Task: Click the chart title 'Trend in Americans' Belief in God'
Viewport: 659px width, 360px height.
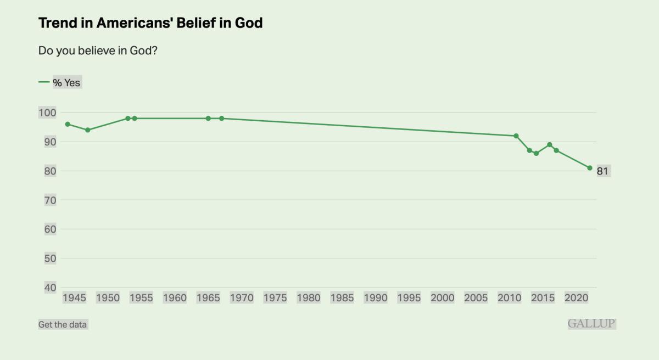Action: pyautogui.click(x=150, y=22)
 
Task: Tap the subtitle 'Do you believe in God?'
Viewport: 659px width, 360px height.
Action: pyautogui.click(x=98, y=50)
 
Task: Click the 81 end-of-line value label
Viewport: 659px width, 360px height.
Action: pyautogui.click(x=602, y=171)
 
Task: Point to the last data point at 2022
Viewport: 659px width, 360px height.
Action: pyautogui.click(x=590, y=168)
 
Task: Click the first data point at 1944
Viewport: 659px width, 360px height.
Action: pyautogui.click(x=68, y=124)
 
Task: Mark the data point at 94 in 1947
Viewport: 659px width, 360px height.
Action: pyautogui.click(x=87, y=130)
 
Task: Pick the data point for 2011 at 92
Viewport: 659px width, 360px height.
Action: pyautogui.click(x=516, y=136)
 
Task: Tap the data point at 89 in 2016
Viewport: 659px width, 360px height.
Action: pyautogui.click(x=550, y=144)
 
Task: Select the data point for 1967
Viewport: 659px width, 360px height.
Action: pyautogui.click(x=222, y=119)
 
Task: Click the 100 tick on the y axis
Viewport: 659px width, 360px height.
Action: pyautogui.click(x=47, y=113)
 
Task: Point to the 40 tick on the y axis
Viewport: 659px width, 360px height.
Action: pyautogui.click(x=50, y=288)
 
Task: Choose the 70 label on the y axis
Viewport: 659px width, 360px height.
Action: pyautogui.click(x=50, y=200)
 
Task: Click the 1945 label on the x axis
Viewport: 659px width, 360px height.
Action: pyautogui.click(x=74, y=297)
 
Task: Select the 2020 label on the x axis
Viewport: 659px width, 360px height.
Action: pyautogui.click(x=577, y=297)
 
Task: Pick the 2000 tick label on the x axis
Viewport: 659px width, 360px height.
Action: pyautogui.click(x=443, y=297)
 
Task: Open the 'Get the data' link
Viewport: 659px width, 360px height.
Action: pyautogui.click(x=63, y=324)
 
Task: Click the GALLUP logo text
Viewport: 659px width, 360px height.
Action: pyautogui.click(x=591, y=324)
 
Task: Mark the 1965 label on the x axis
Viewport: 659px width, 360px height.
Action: pyautogui.click(x=208, y=297)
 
